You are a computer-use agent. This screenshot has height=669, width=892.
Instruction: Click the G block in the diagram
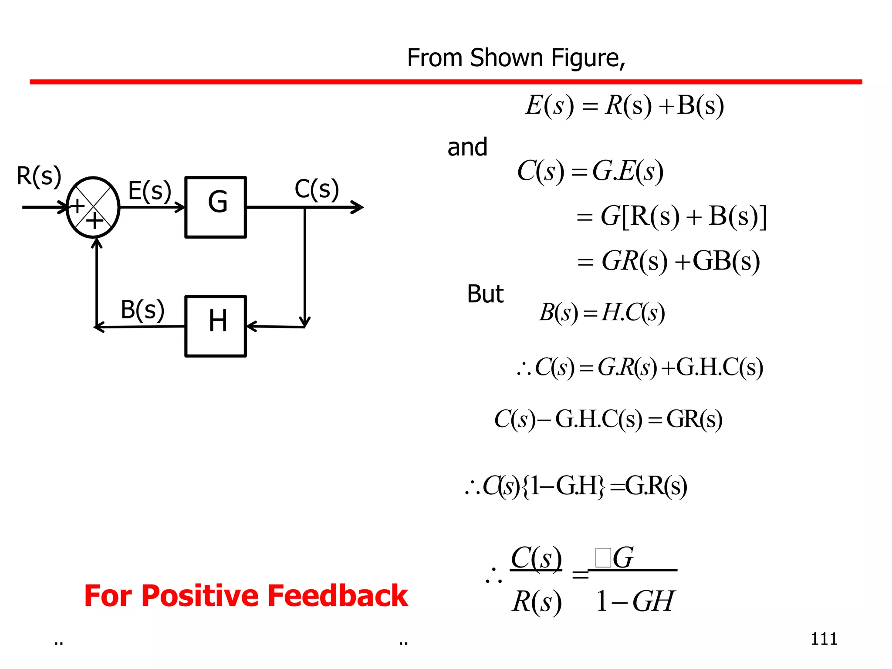(x=216, y=207)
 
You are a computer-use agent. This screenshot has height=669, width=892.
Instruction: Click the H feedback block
(x=216, y=326)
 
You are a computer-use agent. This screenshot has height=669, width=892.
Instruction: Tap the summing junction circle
(x=93, y=207)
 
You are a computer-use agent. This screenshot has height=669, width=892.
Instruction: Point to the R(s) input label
(x=39, y=176)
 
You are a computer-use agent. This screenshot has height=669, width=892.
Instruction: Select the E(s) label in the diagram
(x=149, y=191)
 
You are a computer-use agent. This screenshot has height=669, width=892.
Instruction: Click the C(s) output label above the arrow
(x=317, y=189)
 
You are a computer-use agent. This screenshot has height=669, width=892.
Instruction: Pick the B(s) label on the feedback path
(x=142, y=310)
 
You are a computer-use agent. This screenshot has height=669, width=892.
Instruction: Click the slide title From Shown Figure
(x=516, y=58)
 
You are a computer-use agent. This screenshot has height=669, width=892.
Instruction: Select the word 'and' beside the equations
(x=467, y=147)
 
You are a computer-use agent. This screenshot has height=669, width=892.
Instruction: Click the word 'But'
(x=485, y=294)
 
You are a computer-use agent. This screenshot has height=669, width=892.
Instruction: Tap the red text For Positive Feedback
(x=246, y=596)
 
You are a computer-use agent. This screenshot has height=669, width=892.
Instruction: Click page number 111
(x=824, y=639)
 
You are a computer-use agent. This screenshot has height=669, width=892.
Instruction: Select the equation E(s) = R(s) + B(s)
(x=625, y=106)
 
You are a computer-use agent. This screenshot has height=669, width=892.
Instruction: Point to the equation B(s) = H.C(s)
(x=602, y=313)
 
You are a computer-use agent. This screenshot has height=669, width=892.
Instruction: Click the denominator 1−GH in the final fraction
(x=635, y=601)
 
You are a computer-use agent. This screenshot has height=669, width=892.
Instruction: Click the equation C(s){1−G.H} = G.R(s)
(x=576, y=486)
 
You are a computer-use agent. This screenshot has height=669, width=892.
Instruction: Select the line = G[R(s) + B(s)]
(x=671, y=216)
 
